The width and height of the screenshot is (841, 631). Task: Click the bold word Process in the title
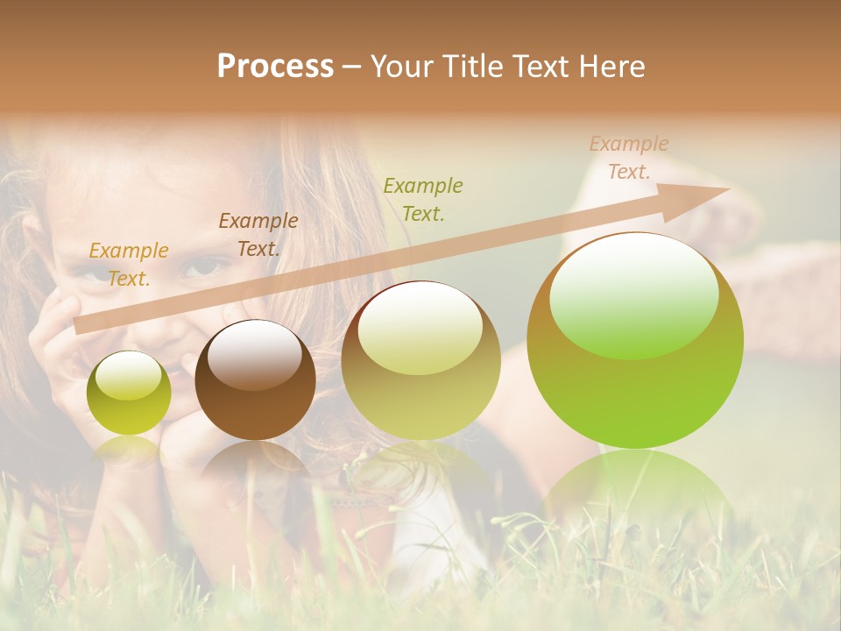point(275,67)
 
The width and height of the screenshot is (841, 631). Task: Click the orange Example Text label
point(128,265)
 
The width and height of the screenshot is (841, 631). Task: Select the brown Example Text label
point(258,235)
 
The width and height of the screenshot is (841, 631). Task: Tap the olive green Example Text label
point(423,199)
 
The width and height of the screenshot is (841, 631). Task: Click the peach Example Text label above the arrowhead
point(628,158)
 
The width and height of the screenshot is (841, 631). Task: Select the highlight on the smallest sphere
point(128,375)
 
